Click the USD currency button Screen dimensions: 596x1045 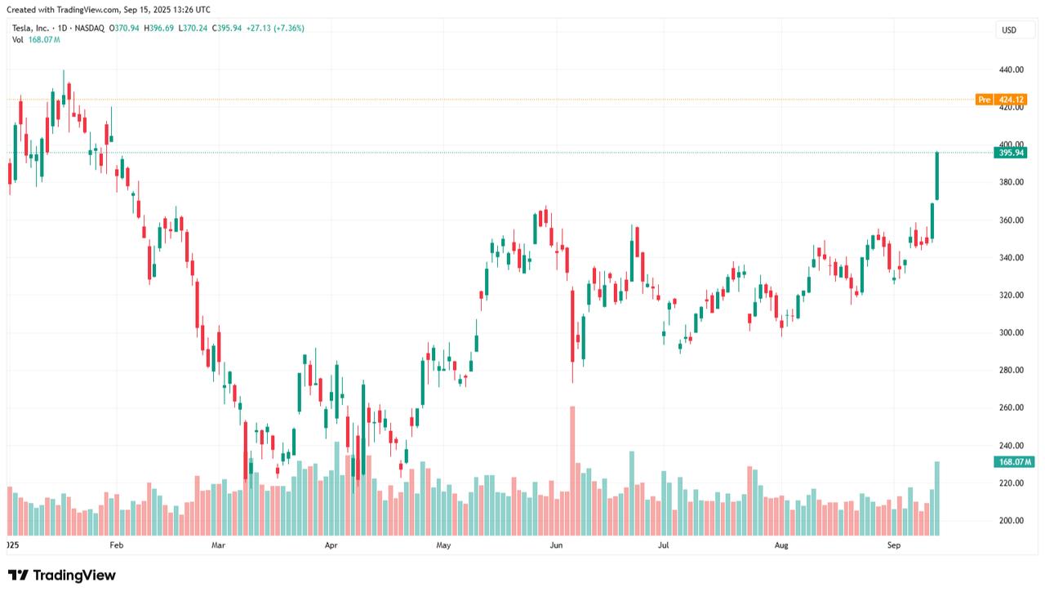(x=1009, y=30)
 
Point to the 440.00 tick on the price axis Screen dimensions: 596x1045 (x=1011, y=69)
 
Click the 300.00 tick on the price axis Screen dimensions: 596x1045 (x=1011, y=332)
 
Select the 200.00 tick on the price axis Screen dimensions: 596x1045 (x=1011, y=520)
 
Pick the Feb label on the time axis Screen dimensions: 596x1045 (x=116, y=545)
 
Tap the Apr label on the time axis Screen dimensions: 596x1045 (x=331, y=545)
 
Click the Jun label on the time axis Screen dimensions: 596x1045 (x=556, y=545)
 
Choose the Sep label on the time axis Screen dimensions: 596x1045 (x=894, y=545)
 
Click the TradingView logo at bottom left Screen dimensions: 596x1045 (x=62, y=576)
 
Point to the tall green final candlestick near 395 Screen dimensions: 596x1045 (x=937, y=176)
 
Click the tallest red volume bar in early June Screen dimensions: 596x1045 (x=572, y=470)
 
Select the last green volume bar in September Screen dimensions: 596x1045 (x=937, y=498)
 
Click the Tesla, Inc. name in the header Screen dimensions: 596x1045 (x=33, y=29)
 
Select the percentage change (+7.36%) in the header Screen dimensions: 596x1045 (x=288, y=29)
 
